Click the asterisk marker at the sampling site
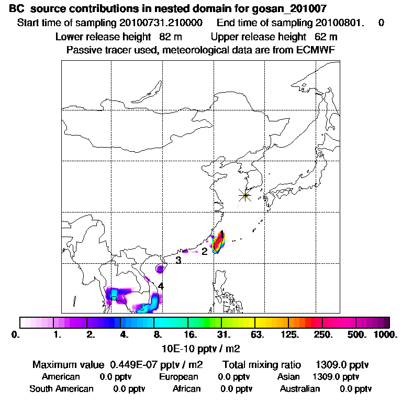tap(244, 195)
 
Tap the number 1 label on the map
tap(222, 233)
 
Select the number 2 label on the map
tap(205, 251)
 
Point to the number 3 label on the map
tap(178, 260)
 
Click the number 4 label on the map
tap(161, 286)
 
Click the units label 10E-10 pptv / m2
tap(202, 348)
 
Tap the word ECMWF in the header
tap(315, 50)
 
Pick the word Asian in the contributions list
tap(288, 377)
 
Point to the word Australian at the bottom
tap(300, 389)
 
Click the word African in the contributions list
tap(186, 389)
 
